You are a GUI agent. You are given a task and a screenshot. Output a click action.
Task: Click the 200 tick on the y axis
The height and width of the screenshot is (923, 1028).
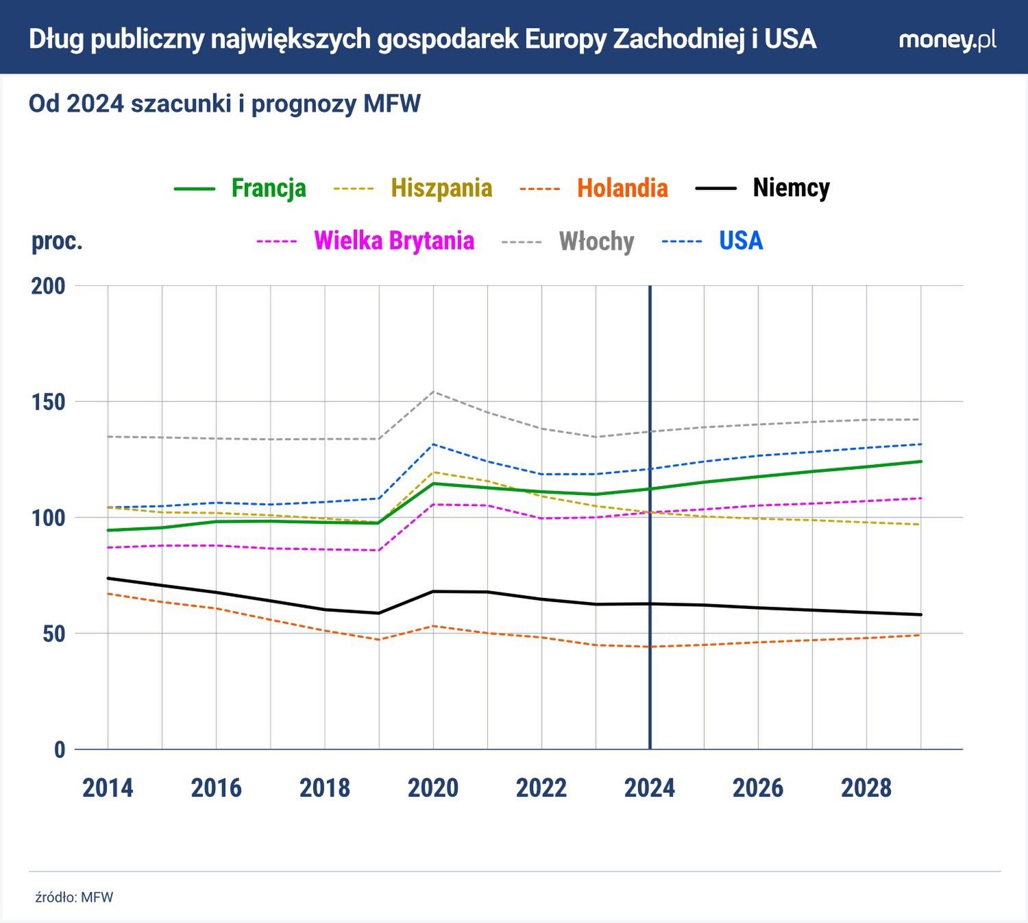[48, 286]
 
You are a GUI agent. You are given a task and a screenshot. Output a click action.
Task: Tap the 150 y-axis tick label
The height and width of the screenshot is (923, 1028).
[48, 402]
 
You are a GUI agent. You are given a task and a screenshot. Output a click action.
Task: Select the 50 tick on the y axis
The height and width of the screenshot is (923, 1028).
[53, 634]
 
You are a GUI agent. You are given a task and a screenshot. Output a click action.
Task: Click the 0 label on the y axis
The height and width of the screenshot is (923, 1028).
[60, 750]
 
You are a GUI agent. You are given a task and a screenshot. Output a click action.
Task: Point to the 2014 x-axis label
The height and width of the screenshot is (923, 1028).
[108, 788]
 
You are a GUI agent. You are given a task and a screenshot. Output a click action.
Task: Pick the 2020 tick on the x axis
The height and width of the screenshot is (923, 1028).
[433, 788]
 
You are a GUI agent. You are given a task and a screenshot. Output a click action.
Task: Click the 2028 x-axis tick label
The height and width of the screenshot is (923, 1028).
[866, 788]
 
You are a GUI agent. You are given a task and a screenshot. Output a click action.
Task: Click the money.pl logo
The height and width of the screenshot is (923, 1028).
[947, 40]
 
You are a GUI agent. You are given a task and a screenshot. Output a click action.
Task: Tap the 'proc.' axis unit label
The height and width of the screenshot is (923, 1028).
[57, 241]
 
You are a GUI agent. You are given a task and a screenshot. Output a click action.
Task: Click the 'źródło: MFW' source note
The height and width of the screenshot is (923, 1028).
[74, 897]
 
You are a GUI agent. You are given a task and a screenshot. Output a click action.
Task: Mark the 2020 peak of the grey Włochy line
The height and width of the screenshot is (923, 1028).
[433, 392]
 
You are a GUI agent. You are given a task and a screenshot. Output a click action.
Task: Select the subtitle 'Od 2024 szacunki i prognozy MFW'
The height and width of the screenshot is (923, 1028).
[225, 104]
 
